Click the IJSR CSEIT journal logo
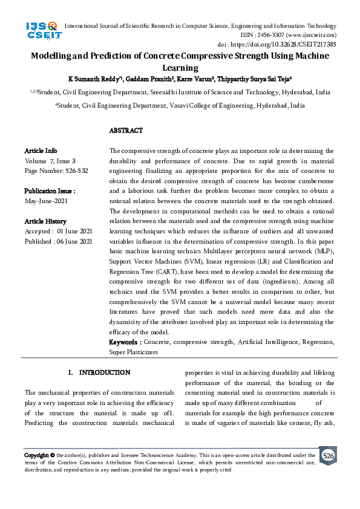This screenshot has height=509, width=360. [41, 30]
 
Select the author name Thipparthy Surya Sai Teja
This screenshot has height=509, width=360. [255, 79]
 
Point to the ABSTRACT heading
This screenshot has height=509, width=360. [126, 131]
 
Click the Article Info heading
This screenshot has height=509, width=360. [41, 151]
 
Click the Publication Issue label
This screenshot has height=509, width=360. [50, 190]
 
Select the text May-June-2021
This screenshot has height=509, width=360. [46, 201]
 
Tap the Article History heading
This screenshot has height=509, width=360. [45, 221]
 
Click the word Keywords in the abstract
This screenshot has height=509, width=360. [125, 342]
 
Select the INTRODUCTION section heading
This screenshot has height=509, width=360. [105, 372]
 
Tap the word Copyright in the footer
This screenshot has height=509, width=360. [36, 455]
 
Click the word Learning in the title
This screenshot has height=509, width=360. [180, 68]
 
